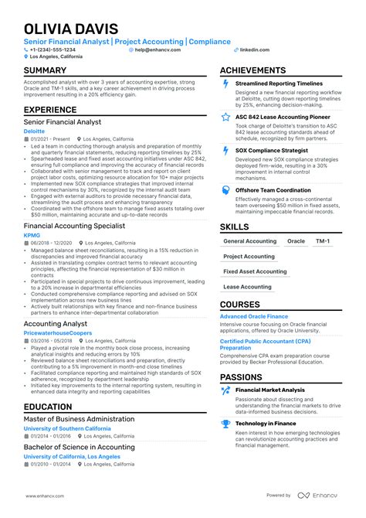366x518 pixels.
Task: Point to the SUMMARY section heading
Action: (x=45, y=70)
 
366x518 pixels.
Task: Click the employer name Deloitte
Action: (x=34, y=131)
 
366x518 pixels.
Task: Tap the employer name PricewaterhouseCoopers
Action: (x=57, y=332)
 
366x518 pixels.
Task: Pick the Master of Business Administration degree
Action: (x=79, y=418)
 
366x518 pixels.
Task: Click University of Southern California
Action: (x=68, y=428)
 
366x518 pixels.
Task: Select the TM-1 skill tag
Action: (x=323, y=241)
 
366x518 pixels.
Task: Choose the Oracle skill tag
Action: (x=296, y=241)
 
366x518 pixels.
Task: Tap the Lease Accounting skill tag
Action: (x=247, y=287)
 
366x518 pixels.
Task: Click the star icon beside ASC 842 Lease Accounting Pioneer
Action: (x=225, y=117)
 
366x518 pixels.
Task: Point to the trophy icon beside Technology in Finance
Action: (x=225, y=424)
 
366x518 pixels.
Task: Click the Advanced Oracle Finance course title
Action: (x=253, y=316)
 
